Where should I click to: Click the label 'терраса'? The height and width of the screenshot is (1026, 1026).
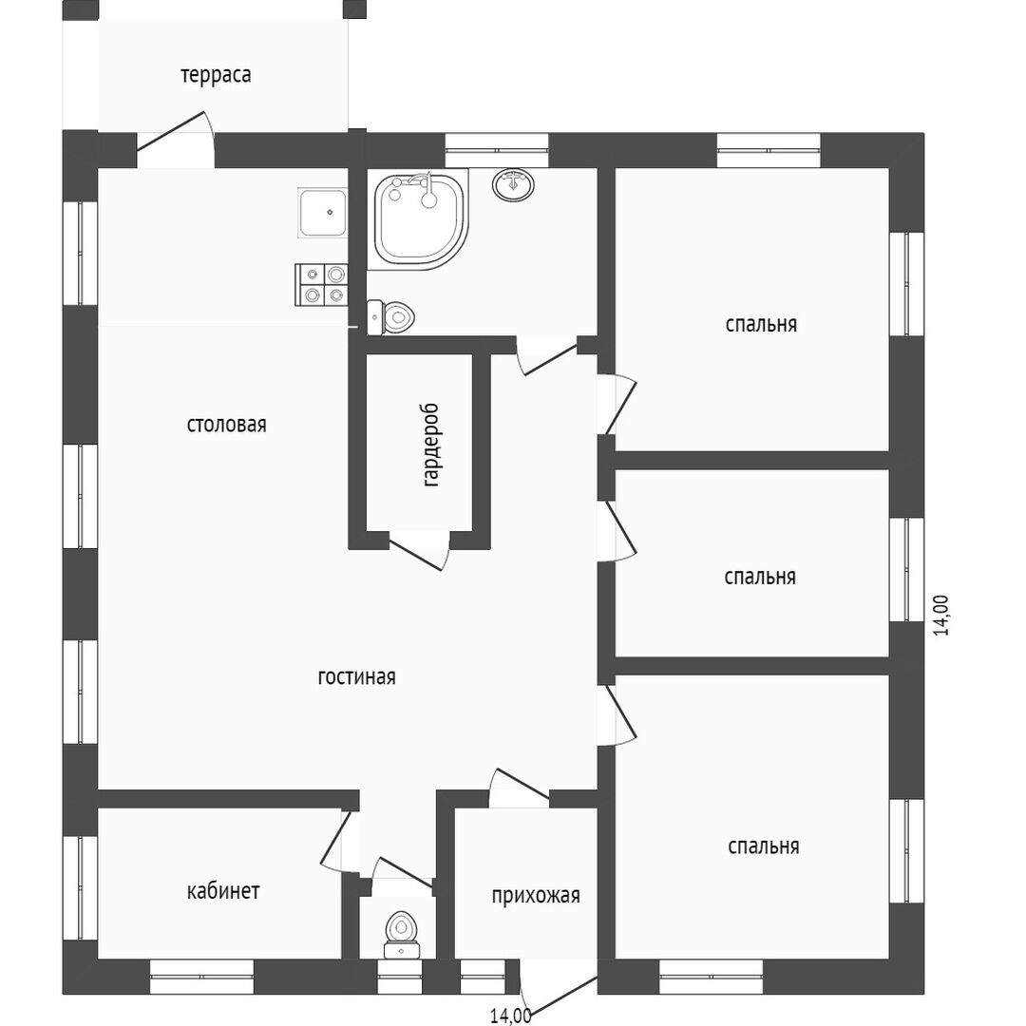pyautogui.click(x=216, y=75)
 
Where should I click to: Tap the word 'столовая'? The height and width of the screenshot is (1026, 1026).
pyautogui.click(x=226, y=425)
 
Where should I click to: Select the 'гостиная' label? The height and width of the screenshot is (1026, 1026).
pyautogui.click(x=356, y=677)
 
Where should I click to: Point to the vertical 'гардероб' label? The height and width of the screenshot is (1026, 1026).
pyautogui.click(x=432, y=446)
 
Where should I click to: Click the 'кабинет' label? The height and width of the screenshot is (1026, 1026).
pyautogui.click(x=223, y=891)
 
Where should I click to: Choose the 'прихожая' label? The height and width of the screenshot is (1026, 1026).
pyautogui.click(x=535, y=896)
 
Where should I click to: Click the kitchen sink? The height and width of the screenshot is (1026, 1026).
pyautogui.click(x=323, y=212)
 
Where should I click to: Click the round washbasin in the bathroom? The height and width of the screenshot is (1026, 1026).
pyautogui.click(x=513, y=184)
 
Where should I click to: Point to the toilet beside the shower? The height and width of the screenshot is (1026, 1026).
pyautogui.click(x=392, y=314)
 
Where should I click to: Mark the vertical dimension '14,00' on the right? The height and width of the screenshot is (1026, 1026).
pyautogui.click(x=941, y=615)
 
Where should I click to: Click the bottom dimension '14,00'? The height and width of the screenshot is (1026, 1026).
pyautogui.click(x=510, y=1016)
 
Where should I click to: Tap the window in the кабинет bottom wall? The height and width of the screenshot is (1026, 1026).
pyautogui.click(x=201, y=976)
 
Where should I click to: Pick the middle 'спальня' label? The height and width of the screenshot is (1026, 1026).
pyautogui.click(x=760, y=577)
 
